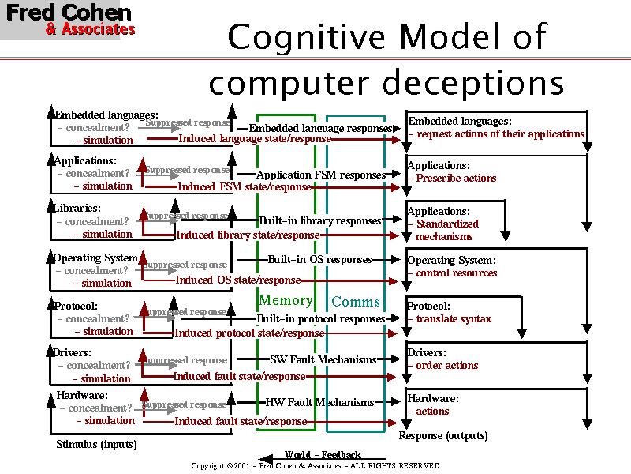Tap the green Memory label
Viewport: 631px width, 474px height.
click(x=286, y=300)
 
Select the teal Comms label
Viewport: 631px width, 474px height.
click(x=356, y=302)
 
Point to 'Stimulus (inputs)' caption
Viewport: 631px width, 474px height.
click(x=96, y=444)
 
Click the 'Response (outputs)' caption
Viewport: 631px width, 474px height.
click(x=442, y=435)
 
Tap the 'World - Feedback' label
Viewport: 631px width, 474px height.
click(x=323, y=454)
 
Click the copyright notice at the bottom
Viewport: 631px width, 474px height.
click(x=315, y=466)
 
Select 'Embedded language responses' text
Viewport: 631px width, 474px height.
click(x=320, y=128)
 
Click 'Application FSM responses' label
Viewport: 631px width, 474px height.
click(x=321, y=175)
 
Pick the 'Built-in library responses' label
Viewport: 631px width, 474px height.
click(x=320, y=220)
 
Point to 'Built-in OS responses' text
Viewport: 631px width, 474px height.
click(x=319, y=259)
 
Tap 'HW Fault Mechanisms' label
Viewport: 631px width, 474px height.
click(x=319, y=402)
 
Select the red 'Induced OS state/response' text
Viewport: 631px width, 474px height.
click(x=237, y=280)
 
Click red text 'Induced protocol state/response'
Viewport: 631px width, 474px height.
click(x=248, y=333)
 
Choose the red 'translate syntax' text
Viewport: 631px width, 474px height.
click(x=454, y=318)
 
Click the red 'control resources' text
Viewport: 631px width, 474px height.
click(x=457, y=273)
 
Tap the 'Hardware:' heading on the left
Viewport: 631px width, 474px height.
click(x=82, y=395)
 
